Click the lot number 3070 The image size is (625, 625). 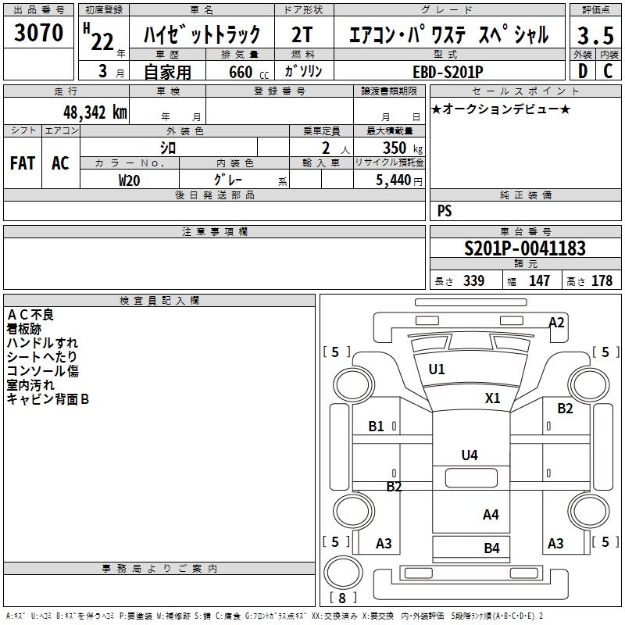click(x=38, y=32)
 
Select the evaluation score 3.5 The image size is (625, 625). click(x=593, y=35)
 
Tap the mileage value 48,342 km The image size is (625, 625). click(x=95, y=111)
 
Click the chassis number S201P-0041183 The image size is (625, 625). click(x=524, y=248)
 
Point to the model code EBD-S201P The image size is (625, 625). click(x=449, y=71)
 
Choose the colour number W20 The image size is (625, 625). click(x=130, y=179)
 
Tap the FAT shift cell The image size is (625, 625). click(x=23, y=163)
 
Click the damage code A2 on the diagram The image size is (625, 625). click(x=556, y=322)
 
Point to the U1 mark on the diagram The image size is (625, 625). click(x=436, y=370)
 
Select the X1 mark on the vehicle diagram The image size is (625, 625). click(x=492, y=398)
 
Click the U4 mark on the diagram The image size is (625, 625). click(x=470, y=455)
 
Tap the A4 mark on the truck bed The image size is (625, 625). click(x=491, y=514)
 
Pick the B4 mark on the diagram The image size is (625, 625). click(x=491, y=548)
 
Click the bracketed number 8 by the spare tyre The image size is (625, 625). click(x=341, y=598)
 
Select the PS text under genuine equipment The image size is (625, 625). click(x=445, y=211)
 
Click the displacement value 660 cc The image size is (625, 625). click(x=240, y=72)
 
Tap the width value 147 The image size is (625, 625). click(x=539, y=280)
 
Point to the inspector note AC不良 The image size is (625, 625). click(x=30, y=314)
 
